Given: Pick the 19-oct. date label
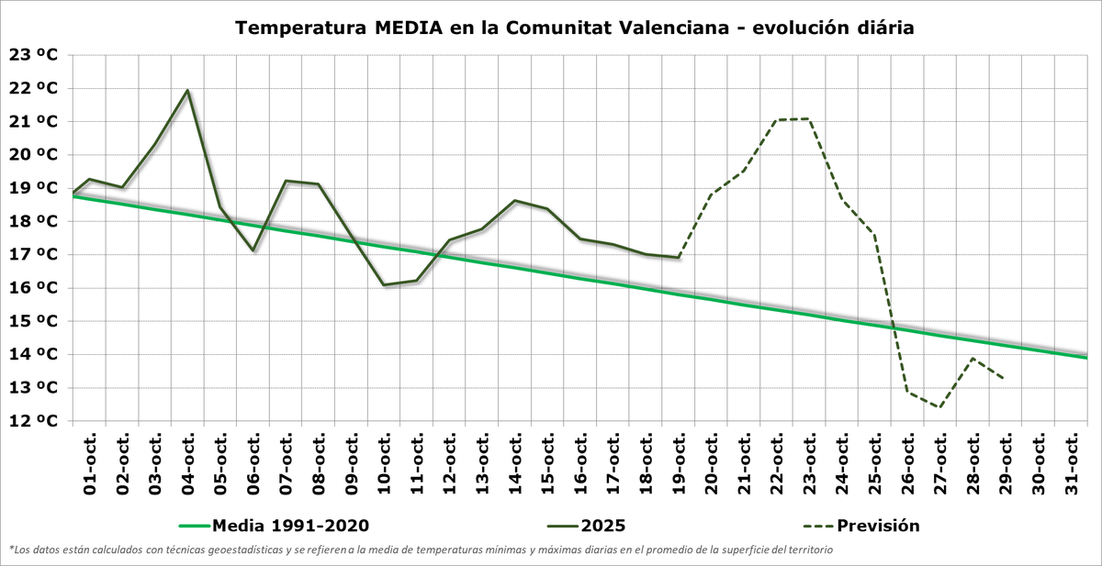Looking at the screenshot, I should coord(679,463).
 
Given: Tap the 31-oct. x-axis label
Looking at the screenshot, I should coord(1071,463).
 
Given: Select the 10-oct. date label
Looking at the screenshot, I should coord(384,463).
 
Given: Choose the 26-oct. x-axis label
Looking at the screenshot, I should coord(907,463).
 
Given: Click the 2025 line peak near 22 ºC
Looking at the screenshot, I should coord(187,91).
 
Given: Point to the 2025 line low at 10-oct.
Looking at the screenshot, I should coord(384,284).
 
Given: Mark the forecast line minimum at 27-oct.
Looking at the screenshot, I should coord(939,407).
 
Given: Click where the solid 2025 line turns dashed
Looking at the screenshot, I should coord(679,258).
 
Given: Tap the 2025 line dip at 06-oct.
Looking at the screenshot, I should coord(253,250).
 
